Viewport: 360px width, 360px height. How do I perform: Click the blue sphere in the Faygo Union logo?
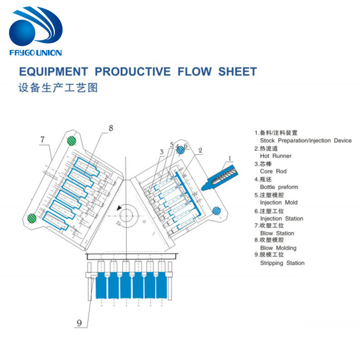pyautogui.click(x=22, y=32)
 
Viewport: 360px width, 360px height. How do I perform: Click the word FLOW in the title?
pyautogui.click(x=194, y=72)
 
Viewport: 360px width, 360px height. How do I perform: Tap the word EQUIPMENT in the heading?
pyautogui.click(x=54, y=72)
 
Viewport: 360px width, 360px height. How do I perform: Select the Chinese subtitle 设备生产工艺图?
pyautogui.click(x=58, y=88)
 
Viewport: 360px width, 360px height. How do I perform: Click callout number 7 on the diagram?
pyautogui.click(x=42, y=139)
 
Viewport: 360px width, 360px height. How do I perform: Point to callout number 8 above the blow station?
pyautogui.click(x=111, y=128)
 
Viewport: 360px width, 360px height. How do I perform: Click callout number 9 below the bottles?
pyautogui.click(x=79, y=323)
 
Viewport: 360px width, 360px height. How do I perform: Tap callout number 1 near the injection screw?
pyautogui.click(x=229, y=158)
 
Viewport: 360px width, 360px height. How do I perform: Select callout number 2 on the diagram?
pyautogui.click(x=200, y=150)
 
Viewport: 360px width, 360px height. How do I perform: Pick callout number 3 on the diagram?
pyautogui.click(x=162, y=152)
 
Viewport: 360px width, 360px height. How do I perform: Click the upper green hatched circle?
pyautogui.click(x=72, y=140)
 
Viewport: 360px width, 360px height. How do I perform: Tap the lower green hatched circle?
pyautogui.click(x=32, y=218)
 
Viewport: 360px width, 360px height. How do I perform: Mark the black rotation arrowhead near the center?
pyautogui.click(x=119, y=208)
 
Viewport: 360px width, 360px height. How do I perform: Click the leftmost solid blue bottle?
pyautogui.click(x=101, y=285)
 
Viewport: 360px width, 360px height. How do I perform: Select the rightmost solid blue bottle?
pyautogui.click(x=161, y=285)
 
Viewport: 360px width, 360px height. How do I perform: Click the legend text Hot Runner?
pyautogui.click(x=275, y=156)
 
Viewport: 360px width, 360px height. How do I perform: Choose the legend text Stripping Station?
pyautogui.click(x=282, y=263)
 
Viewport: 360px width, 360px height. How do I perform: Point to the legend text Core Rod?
pyautogui.click(x=273, y=171)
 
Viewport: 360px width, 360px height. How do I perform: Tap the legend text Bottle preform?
pyautogui.click(x=279, y=187)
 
